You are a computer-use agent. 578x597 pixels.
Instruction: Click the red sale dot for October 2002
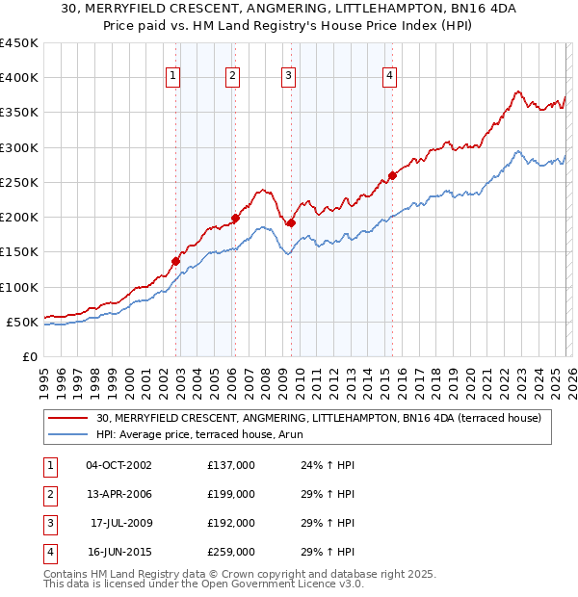coord(176,261)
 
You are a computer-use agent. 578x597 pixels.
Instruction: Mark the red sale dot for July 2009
coord(291,222)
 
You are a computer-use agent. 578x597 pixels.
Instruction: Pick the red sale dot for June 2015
coord(392,176)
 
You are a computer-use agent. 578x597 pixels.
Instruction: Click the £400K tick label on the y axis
coord(19,78)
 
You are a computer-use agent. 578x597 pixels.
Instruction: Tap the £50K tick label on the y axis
coord(23,322)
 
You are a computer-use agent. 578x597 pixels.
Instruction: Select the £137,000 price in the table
coord(230,465)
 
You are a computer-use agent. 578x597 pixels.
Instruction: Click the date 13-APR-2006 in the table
coord(118,494)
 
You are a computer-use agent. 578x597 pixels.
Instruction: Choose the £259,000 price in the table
coord(230,552)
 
